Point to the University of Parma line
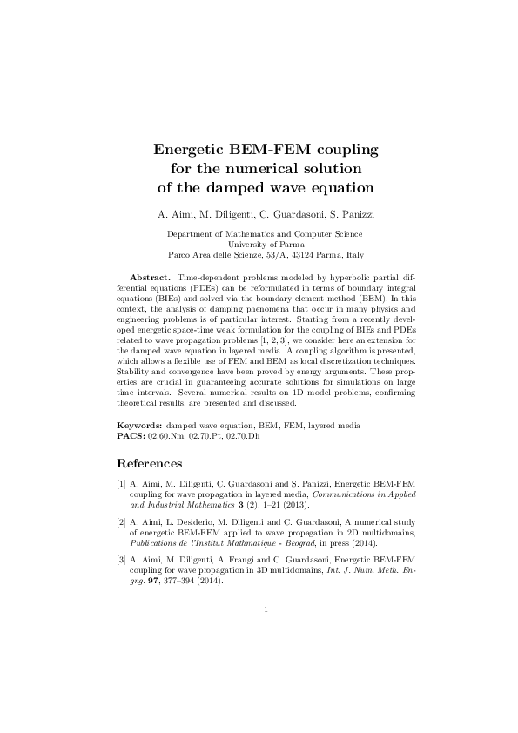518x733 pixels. point(265,245)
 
